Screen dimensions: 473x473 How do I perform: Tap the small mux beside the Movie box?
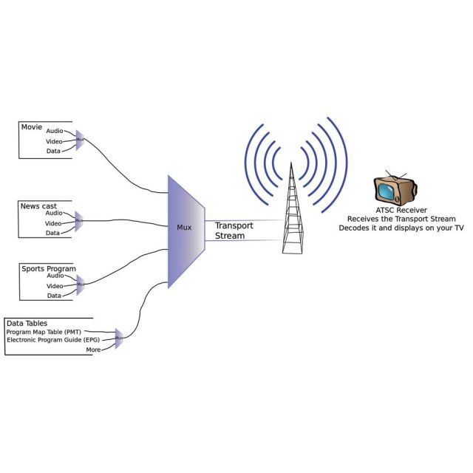(79, 140)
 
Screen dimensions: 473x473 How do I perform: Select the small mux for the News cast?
(79, 221)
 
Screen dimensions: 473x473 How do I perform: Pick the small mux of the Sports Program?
(81, 285)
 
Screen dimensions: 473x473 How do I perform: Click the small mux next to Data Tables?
(118, 338)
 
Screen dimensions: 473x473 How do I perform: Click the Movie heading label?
(32, 127)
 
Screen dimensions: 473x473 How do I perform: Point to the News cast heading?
(38, 206)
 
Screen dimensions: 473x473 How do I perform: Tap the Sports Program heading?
(48, 269)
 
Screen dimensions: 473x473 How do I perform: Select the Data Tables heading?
(27, 323)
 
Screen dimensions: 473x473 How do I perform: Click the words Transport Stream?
(234, 231)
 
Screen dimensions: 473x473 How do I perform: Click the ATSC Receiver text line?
(401, 210)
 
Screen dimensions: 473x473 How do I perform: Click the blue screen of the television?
(388, 191)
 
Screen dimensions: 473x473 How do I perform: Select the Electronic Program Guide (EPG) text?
(52, 340)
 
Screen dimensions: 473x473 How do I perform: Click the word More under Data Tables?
(93, 349)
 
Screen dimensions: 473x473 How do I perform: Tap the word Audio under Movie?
(55, 131)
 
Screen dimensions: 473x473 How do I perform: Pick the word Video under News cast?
(53, 223)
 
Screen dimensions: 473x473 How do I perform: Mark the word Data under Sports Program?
(53, 296)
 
